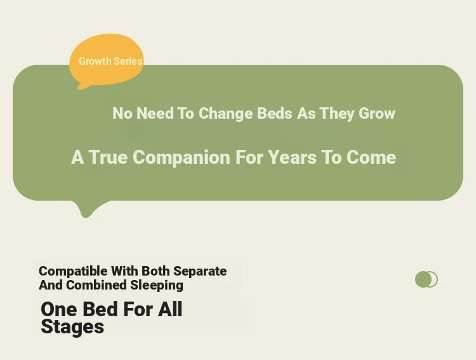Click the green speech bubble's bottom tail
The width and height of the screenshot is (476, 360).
coord(88,209)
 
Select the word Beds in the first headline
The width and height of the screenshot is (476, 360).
coord(274,113)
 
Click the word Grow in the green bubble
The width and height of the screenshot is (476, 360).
coord(377,113)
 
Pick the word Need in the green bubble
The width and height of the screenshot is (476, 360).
coord(155,113)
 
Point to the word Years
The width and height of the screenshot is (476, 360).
coord(292,157)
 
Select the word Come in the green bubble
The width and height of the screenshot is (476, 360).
coord(371,157)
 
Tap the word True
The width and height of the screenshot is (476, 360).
coord(108,157)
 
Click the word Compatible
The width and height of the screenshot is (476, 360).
coord(73,271)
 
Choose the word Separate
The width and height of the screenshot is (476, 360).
coord(200,271)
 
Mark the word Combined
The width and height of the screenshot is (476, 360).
coord(96,285)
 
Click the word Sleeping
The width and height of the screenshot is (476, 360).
coord(157,286)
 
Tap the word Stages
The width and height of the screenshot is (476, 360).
coord(72,327)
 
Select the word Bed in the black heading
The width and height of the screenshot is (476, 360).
coord(100,309)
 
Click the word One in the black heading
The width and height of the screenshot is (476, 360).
coord(58,309)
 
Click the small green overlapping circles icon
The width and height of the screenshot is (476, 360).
coord(426,279)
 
